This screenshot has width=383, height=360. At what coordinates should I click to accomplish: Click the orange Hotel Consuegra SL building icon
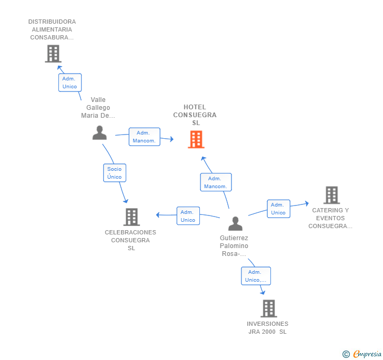tap(196, 139)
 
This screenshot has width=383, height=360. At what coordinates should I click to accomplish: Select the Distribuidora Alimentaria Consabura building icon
tap(53, 54)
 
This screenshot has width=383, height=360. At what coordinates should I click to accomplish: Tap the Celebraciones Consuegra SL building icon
tap(131, 217)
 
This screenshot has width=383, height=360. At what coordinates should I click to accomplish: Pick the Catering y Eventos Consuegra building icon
tap(331, 195)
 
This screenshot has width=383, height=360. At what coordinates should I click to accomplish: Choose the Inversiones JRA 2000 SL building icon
tap(268, 308)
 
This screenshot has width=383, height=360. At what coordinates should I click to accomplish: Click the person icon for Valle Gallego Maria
tap(99, 133)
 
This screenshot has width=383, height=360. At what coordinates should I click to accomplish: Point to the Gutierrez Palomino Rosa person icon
tap(235, 224)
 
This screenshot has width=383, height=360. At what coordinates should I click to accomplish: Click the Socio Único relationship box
tap(114, 173)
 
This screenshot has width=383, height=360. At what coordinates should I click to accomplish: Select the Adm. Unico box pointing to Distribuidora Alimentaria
tap(69, 83)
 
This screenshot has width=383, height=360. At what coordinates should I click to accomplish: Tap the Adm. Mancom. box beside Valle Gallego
tap(144, 137)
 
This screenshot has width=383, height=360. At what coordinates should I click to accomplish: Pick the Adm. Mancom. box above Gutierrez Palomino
tap(215, 182)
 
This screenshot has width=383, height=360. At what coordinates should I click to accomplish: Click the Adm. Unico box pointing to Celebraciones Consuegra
tap(188, 216)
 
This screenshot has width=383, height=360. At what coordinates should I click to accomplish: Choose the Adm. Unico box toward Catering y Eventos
tap(278, 209)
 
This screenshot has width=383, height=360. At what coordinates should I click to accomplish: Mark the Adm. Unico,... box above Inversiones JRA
tap(256, 276)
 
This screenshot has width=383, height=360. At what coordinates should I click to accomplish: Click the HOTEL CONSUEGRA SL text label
tap(195, 115)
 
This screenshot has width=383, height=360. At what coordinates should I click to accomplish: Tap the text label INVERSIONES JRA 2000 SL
tap(268, 327)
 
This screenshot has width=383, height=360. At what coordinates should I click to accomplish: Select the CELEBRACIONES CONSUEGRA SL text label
tap(130, 240)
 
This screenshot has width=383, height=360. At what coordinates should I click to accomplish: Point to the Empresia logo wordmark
tap(367, 354)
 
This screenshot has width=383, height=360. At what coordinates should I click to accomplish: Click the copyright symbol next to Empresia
tap(346, 354)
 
